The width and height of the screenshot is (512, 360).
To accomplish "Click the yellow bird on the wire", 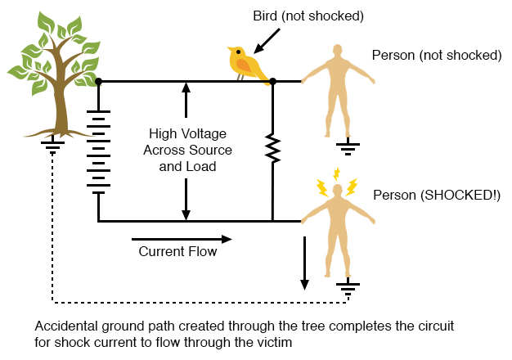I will click(x=246, y=62).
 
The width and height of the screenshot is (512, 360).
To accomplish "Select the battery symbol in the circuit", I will click(x=98, y=152).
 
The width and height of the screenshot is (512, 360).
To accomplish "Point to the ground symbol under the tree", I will click(x=53, y=146).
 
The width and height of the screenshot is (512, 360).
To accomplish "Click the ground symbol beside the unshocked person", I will click(x=348, y=148).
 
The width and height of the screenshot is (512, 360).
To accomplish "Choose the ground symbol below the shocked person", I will click(x=348, y=287).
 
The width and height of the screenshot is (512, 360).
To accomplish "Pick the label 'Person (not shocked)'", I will click(x=436, y=56).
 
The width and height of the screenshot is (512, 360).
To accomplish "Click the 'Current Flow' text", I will click(x=177, y=252).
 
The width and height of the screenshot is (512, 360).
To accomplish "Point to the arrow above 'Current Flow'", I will click(x=182, y=239).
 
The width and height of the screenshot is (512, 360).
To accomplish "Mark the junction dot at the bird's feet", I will click(x=273, y=82).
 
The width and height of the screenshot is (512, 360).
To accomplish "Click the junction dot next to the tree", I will click(x=98, y=82).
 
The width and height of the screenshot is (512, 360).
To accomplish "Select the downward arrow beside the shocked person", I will click(x=305, y=263).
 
